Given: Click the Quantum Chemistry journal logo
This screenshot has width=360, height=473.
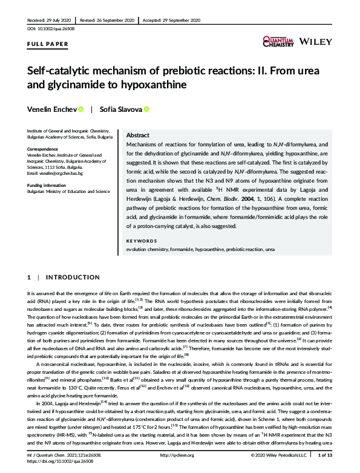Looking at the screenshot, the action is pyautogui.click(x=279, y=41).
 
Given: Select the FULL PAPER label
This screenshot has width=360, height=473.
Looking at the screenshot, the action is pyautogui.click(x=48, y=44).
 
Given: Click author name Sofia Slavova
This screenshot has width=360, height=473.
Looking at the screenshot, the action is pyautogui.click(x=121, y=109).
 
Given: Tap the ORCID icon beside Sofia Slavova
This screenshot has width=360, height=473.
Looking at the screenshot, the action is pyautogui.click(x=146, y=109).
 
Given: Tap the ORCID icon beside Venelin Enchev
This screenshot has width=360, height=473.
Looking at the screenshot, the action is pyautogui.click(x=81, y=109).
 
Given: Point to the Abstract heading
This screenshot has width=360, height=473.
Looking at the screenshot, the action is pyautogui.click(x=139, y=136).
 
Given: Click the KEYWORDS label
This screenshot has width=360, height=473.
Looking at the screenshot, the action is pyautogui.click(x=142, y=241).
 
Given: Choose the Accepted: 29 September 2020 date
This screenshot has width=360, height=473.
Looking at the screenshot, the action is pyautogui.click(x=171, y=20).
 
